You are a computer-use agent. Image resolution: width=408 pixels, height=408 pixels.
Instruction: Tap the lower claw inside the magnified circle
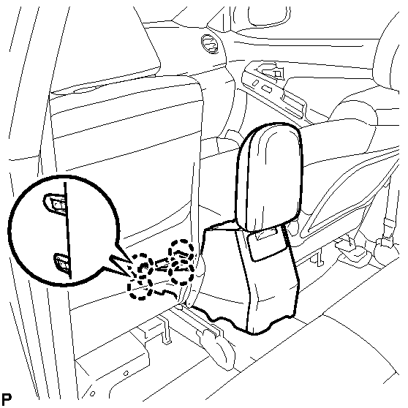62,262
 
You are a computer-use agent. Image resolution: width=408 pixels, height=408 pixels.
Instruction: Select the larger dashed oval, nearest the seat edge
181,262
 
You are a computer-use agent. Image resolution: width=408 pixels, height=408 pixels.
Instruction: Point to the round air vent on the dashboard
210,44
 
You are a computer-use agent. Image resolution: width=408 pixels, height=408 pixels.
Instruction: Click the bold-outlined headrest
269,176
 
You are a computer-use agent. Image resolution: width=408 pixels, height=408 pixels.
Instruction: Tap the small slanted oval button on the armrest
256,83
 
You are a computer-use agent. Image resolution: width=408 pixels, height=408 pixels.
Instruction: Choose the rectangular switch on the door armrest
266,88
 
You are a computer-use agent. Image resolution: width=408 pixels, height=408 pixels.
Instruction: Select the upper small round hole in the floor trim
126,374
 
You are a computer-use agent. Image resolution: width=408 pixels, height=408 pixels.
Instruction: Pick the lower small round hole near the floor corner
92,393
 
